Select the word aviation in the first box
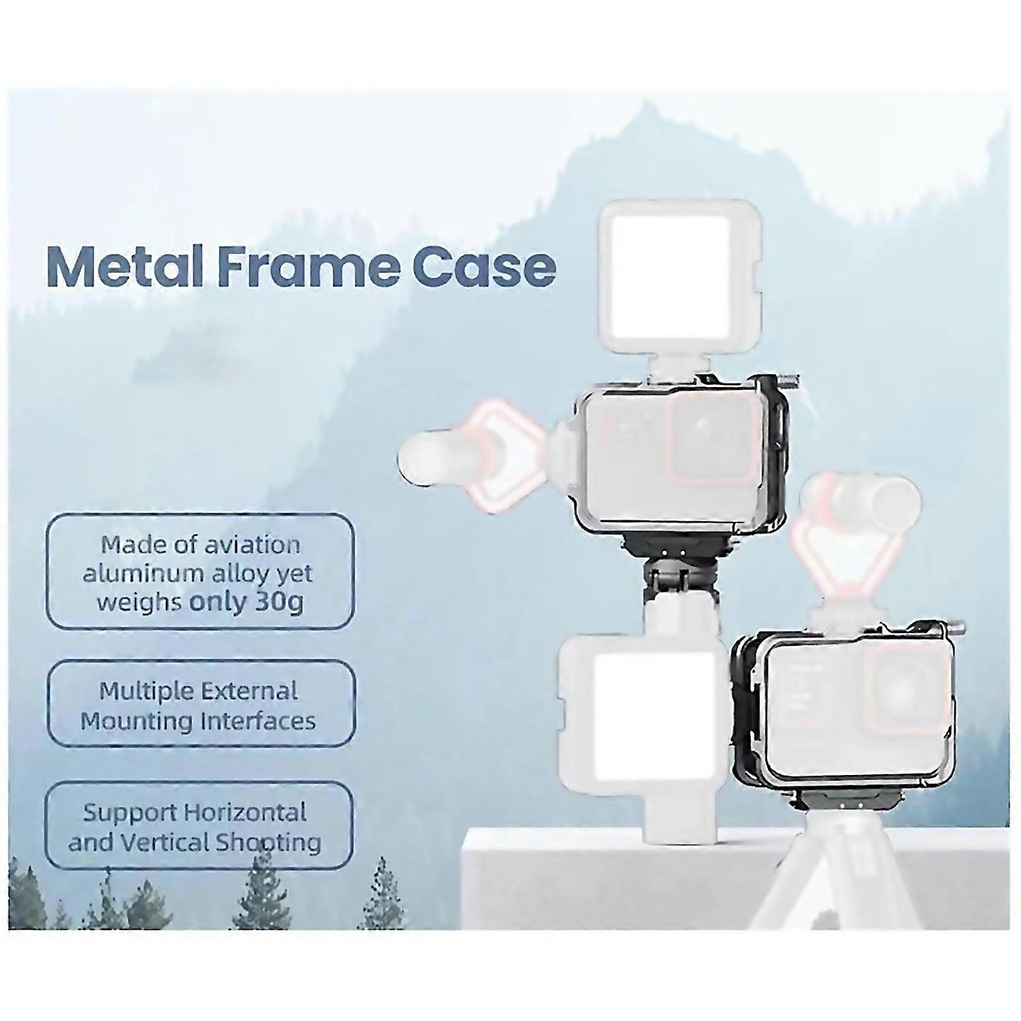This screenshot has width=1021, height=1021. click(x=252, y=545)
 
